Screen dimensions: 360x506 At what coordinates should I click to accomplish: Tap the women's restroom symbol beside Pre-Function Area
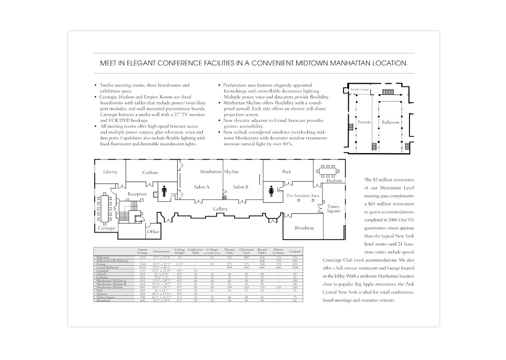(271, 190)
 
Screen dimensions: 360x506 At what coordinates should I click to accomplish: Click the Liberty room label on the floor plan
(110, 172)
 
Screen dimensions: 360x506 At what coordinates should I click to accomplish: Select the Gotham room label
(150, 172)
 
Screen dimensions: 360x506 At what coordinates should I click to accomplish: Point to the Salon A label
(201, 187)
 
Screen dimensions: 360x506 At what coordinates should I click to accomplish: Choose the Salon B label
(241, 187)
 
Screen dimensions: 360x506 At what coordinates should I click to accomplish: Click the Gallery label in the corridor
(221, 209)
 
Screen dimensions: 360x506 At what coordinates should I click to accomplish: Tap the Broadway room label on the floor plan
(304, 228)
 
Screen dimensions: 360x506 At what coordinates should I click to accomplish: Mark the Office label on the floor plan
(153, 232)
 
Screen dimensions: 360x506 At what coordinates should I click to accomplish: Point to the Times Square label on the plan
(333, 209)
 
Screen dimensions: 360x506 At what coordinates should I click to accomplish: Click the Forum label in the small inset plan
(364, 122)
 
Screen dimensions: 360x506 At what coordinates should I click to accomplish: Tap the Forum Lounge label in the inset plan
(360, 89)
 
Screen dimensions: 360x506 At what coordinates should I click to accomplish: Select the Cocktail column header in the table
(295, 251)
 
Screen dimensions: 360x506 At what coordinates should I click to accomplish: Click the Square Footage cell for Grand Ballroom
(143, 268)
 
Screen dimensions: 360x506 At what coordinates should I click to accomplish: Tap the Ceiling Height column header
(179, 251)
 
